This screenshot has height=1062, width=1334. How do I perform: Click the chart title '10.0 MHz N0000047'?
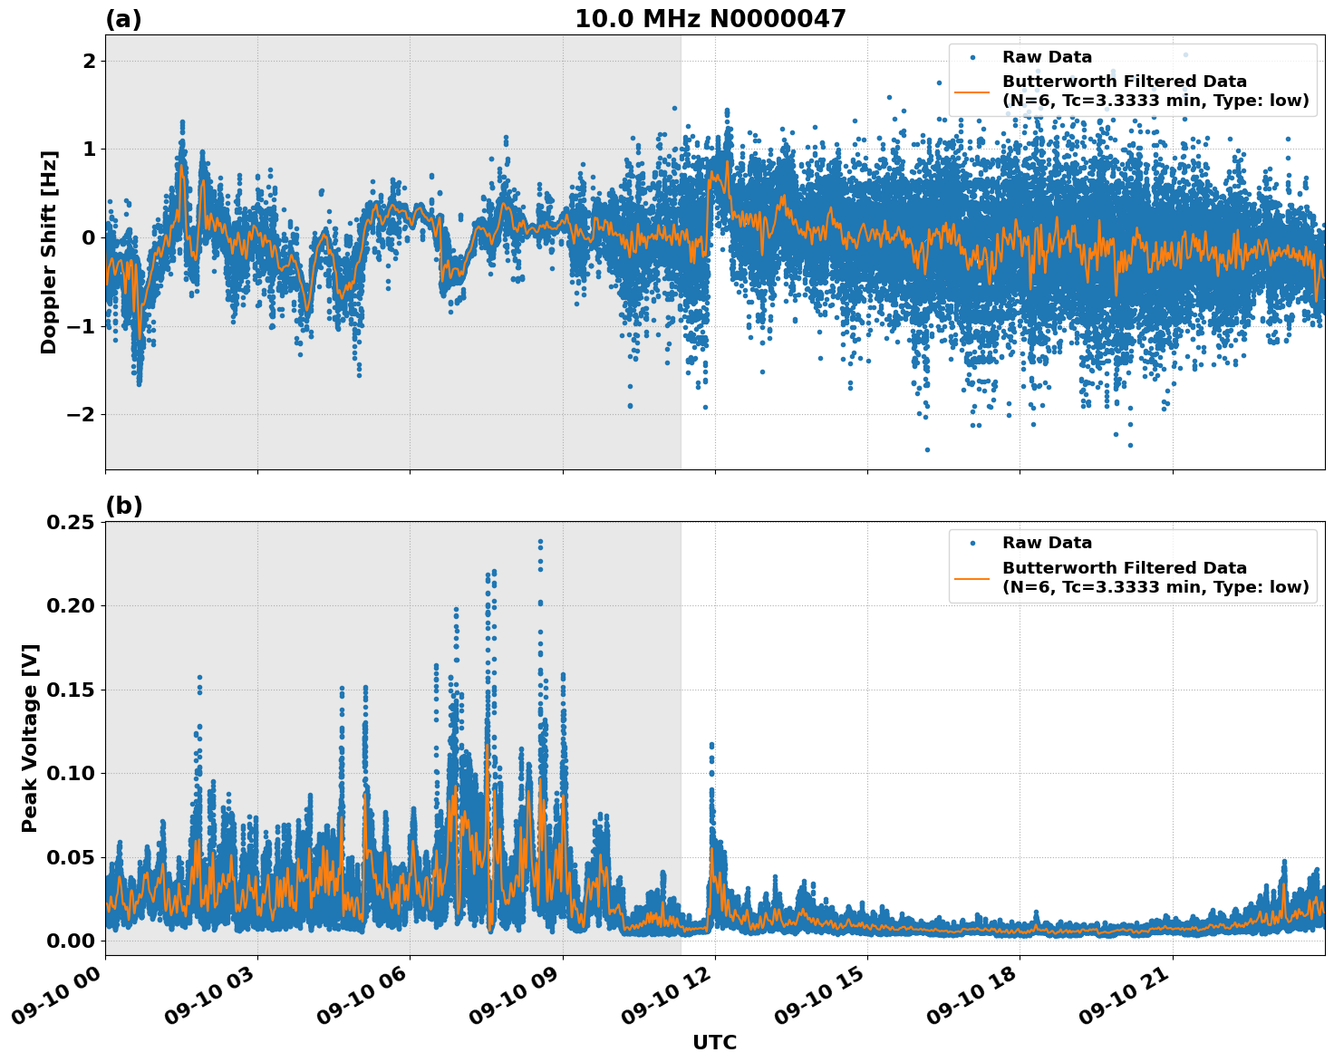coord(710,19)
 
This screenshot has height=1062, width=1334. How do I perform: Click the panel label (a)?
coord(123,19)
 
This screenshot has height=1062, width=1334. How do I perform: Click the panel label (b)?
coord(123,506)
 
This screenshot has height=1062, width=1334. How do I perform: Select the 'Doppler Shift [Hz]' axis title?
coord(49,252)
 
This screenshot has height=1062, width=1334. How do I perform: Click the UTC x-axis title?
coord(714,1042)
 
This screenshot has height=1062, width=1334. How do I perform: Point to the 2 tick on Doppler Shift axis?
coord(90,61)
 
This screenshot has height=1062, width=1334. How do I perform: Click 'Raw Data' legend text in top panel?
coord(1047,57)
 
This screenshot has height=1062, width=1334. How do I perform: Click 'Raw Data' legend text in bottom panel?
coord(1047,543)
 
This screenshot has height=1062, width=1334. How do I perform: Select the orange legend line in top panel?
coord(971,92)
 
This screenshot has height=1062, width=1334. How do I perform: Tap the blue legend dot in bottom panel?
coord(971,543)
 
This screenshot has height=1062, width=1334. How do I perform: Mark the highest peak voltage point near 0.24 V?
coord(540,542)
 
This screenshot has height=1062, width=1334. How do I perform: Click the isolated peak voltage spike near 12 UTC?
coord(711,746)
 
